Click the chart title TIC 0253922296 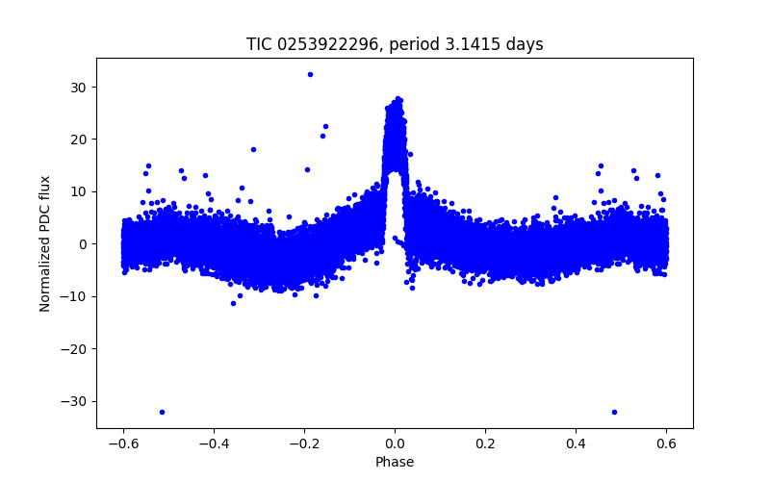click(395, 44)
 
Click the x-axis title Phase click(395, 463)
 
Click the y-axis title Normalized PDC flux click(45, 242)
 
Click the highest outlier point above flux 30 click(310, 74)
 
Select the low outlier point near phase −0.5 click(162, 412)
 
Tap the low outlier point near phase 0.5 click(614, 412)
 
